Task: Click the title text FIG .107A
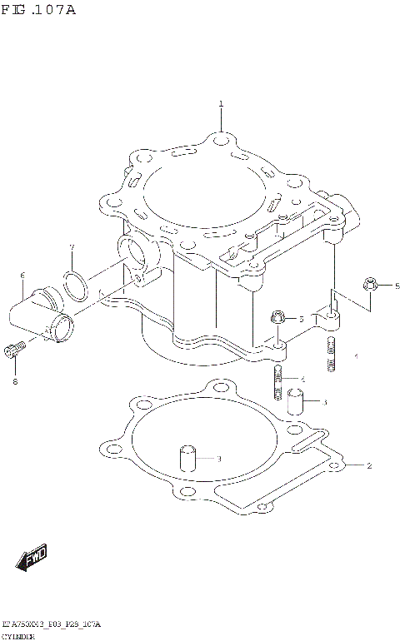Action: pyautogui.click(x=39, y=10)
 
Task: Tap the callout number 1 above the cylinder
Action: pyautogui.click(x=221, y=104)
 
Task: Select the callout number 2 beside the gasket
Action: pyautogui.click(x=369, y=465)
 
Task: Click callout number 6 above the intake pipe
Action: pyautogui.click(x=22, y=276)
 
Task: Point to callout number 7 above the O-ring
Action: pyautogui.click(x=72, y=247)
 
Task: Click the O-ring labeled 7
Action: pyautogui.click(x=76, y=286)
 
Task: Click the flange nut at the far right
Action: pyautogui.click(x=370, y=286)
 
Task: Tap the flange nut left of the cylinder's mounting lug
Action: pyautogui.click(x=278, y=317)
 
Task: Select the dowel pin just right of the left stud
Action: pyautogui.click(x=294, y=401)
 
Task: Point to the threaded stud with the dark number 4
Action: pyautogui.click(x=277, y=383)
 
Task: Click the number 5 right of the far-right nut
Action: pyautogui.click(x=396, y=286)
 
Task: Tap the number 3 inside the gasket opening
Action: pyautogui.click(x=218, y=459)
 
